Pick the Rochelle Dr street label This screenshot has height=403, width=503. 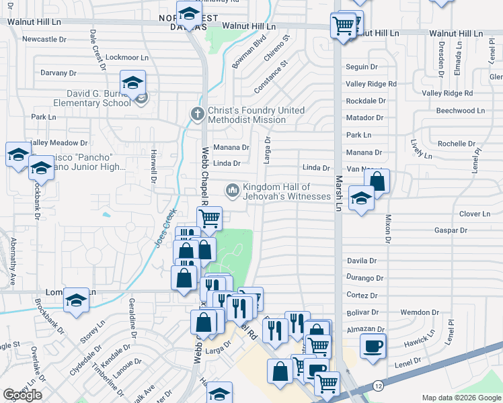pos(456,144)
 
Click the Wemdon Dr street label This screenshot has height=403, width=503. pos(419,312)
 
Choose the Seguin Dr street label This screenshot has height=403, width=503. pos(361,67)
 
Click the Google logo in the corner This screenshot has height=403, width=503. pos(22,395)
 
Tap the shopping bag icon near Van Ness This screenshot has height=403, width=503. pos(377,181)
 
